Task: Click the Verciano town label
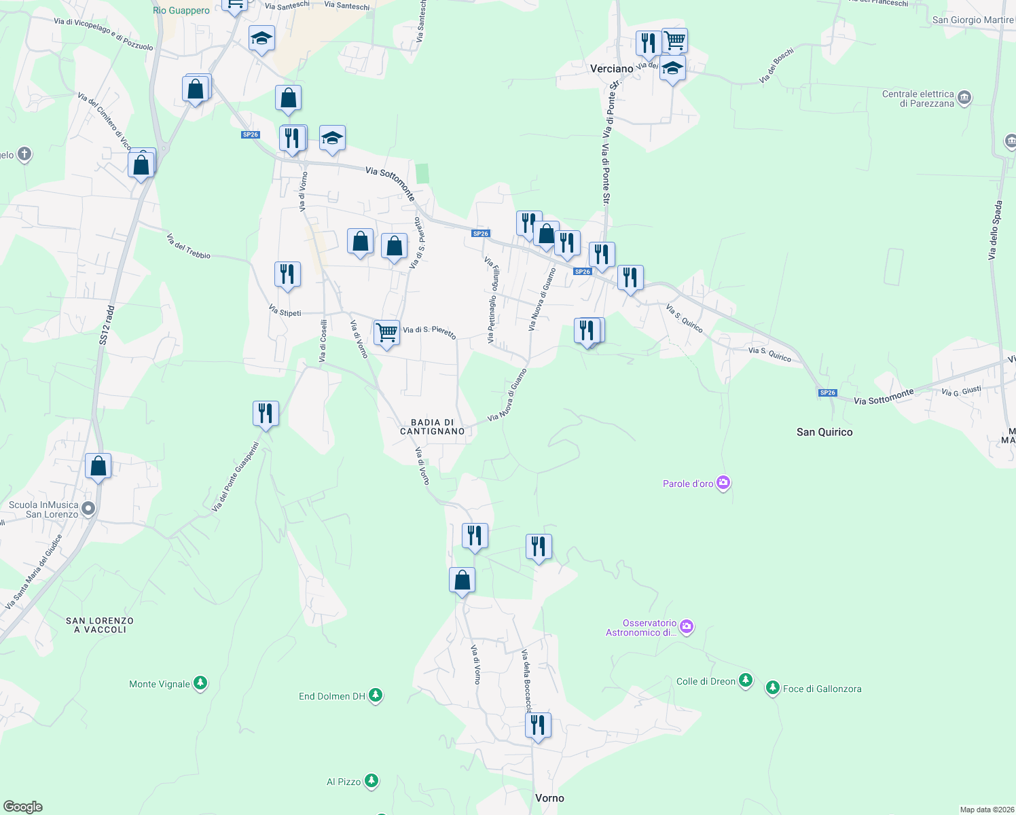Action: coord(611,69)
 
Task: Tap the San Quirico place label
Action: coord(824,432)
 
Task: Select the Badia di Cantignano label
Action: coord(432,427)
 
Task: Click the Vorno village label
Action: coord(549,798)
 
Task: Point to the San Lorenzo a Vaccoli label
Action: coord(100,625)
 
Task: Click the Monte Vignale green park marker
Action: coord(200,683)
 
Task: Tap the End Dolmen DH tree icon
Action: coord(376,695)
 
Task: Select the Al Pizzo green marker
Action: coord(371,781)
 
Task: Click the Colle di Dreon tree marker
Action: coord(746,681)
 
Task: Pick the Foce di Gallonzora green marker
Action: coord(772,688)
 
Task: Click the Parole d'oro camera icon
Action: coord(723,483)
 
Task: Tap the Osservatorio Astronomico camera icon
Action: coord(687,626)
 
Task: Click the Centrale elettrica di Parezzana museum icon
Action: coord(964,98)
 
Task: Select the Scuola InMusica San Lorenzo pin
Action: coord(88,508)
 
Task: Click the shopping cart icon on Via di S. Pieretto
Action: coord(386,333)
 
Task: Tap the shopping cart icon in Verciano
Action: coord(674,40)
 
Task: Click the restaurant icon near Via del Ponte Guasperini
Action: coord(266,413)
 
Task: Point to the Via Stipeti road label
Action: coord(285,311)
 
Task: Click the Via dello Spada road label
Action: coord(995,230)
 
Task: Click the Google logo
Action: coord(23,806)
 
